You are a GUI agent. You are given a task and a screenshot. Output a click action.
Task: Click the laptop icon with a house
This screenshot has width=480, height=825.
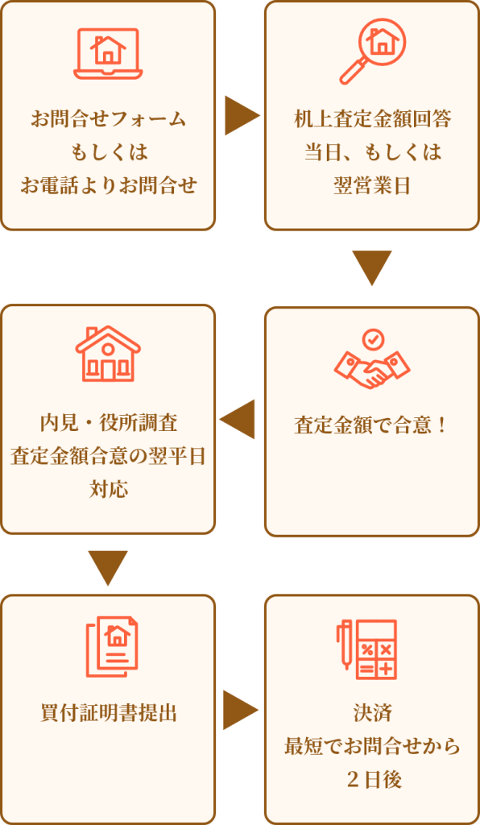pyautogui.click(x=108, y=54)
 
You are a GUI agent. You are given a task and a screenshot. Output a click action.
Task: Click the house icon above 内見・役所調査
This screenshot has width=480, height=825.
pyautogui.click(x=108, y=354)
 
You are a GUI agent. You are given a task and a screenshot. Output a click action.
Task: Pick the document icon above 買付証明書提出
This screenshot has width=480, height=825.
pyautogui.click(x=112, y=647)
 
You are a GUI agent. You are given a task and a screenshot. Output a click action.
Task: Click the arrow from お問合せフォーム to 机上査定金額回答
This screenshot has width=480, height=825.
pyautogui.click(x=242, y=116)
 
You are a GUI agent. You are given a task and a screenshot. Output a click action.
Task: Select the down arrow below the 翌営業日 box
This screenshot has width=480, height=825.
pyautogui.click(x=372, y=267)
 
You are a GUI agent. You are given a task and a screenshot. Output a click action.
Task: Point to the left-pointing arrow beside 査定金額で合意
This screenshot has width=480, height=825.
pyautogui.click(x=237, y=419)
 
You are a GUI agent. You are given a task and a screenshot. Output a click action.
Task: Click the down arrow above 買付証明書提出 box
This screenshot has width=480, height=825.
pyautogui.click(x=108, y=568)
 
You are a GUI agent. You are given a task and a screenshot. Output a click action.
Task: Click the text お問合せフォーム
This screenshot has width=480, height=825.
pyautogui.click(x=108, y=119)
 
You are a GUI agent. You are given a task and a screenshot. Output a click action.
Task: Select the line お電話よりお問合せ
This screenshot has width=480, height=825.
pyautogui.click(x=108, y=185)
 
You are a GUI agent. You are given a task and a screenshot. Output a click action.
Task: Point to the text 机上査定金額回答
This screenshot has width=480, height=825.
pyautogui.click(x=372, y=119)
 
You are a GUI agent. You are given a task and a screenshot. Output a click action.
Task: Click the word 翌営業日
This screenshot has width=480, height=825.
pyautogui.click(x=372, y=186)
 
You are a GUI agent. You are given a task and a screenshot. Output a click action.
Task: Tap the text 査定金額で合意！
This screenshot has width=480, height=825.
pyautogui.click(x=372, y=426)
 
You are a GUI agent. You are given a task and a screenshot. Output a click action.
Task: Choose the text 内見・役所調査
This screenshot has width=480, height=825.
pyautogui.click(x=108, y=424)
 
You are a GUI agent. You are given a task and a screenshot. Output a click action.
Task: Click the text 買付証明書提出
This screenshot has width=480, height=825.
pyautogui.click(x=108, y=713)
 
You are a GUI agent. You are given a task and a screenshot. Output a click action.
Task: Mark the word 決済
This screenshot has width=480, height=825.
pyautogui.click(x=372, y=713)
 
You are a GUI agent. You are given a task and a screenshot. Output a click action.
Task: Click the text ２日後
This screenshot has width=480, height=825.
pyautogui.click(x=372, y=779)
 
